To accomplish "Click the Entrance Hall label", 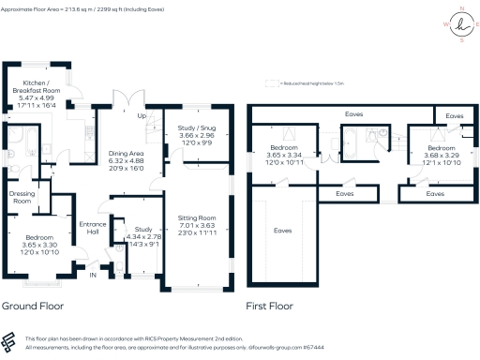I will pos(93,228).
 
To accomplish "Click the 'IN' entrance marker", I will pos(93,275).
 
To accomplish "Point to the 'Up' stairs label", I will pos(142,117).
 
